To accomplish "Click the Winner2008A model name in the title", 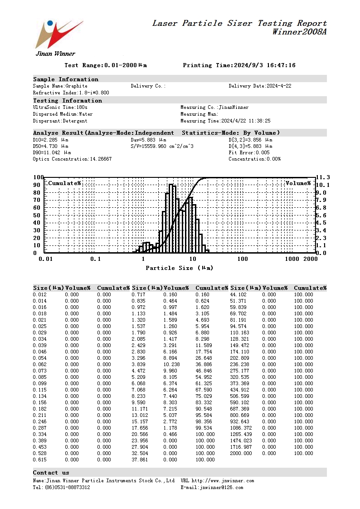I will point(299,32).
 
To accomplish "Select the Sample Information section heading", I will point(66,79).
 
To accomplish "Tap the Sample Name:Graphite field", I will point(60,86).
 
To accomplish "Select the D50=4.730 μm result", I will point(51,147).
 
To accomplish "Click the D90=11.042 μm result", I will point(52,153).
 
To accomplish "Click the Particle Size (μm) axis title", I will point(179,268).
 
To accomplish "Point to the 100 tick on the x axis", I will point(243,259).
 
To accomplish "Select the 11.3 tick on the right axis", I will point(322,177).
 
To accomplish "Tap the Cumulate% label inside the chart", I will point(64,183).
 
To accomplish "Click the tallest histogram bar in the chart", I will point(171,218).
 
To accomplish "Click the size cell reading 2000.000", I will point(240,453).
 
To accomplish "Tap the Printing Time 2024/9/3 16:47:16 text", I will point(239,65).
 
